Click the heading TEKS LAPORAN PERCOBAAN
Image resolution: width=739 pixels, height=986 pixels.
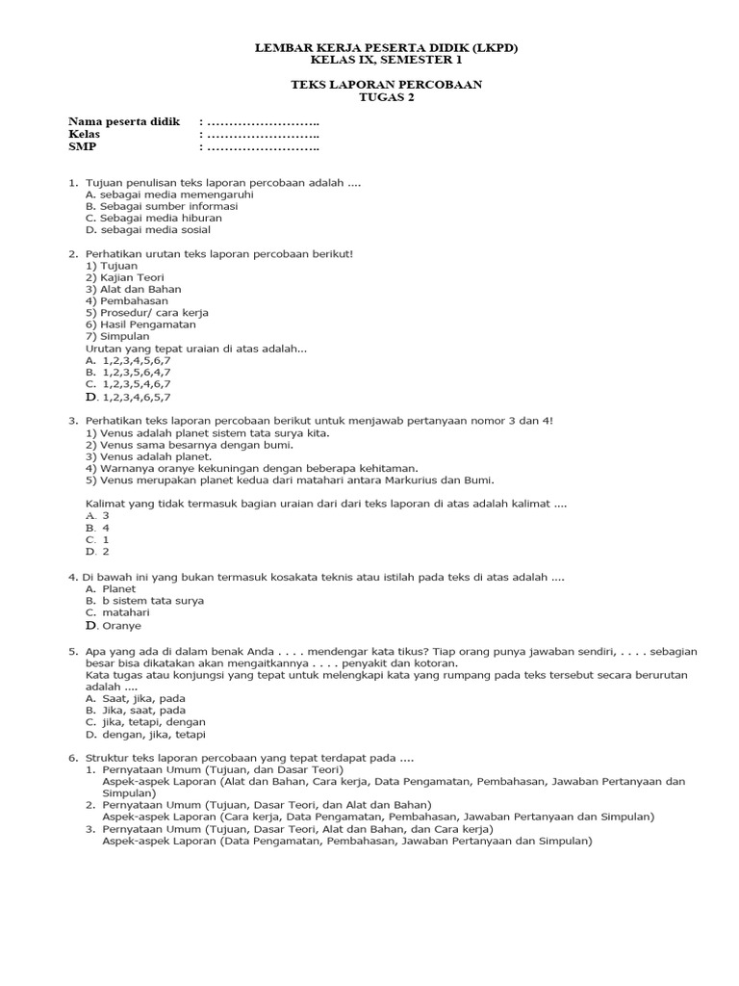point(386,85)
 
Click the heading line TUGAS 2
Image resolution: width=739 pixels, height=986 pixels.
point(386,97)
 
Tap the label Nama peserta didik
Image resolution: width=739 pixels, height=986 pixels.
point(124,122)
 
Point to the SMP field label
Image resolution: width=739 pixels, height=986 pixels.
point(83,147)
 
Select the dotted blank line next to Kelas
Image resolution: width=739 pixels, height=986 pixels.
point(260,135)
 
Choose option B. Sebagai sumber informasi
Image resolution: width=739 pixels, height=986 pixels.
point(161,206)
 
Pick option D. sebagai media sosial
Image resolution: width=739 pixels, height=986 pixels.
point(147,230)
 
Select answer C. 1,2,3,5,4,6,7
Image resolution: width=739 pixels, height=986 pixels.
point(128,383)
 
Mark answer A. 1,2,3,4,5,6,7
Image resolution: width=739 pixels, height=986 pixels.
point(128,360)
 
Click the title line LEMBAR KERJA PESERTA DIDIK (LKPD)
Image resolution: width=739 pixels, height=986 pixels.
point(386,47)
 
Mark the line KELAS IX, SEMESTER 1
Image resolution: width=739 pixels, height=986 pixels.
point(386,60)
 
